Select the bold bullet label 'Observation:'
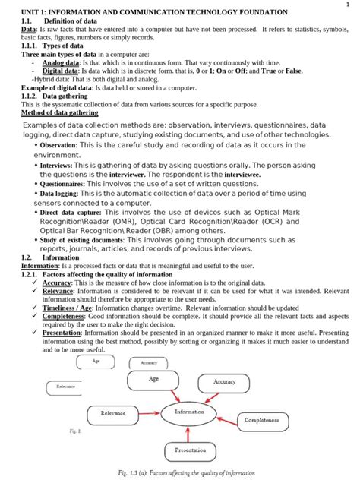[58, 144]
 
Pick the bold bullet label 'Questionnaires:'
[62, 183]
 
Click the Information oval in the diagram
[188, 412]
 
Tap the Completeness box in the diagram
[262, 419]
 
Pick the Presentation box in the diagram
[189, 450]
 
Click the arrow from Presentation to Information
[189, 431]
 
